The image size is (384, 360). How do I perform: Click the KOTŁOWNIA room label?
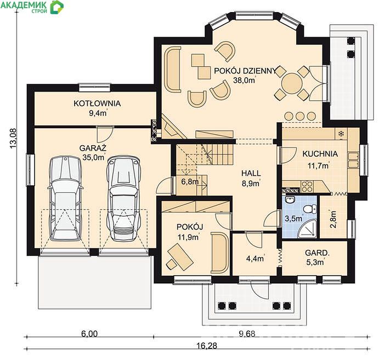coord(97,104)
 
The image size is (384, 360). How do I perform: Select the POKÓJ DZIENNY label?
coord(245,71)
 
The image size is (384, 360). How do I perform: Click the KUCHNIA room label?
coord(320,154)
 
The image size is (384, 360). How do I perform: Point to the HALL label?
coord(251,173)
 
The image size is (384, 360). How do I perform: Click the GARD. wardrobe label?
coord(317,253)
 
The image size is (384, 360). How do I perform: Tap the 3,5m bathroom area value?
coord(293,218)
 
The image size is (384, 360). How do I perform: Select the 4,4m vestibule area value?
coord(255,259)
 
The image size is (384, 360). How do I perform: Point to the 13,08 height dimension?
coord(13,138)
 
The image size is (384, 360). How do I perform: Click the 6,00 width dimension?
coord(89,334)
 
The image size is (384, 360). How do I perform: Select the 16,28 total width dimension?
coord(207,346)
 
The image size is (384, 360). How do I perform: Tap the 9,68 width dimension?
coord(247,334)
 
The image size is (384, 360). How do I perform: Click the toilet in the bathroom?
coord(310,209)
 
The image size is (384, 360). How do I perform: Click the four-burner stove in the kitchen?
coord(307,186)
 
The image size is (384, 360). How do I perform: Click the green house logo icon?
coord(57,7)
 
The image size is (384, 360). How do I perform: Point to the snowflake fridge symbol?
coord(341,134)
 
